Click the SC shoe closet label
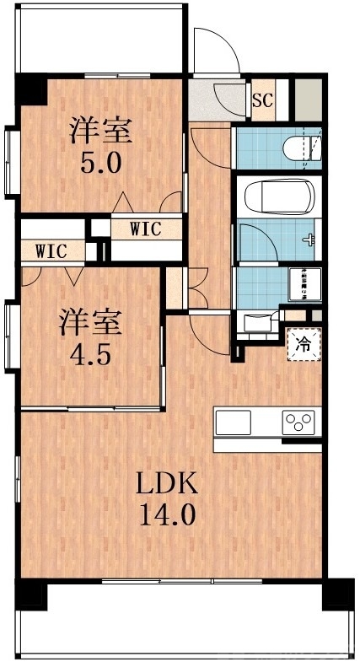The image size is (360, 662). (263, 100)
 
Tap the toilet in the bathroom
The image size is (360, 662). (295, 148)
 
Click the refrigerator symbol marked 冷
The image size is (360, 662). (303, 343)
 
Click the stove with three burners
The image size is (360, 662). (298, 420)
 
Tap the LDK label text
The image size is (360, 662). (168, 484)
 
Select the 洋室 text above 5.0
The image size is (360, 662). (100, 132)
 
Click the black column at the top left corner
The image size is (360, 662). (30, 88)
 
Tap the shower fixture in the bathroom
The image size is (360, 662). (311, 239)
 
